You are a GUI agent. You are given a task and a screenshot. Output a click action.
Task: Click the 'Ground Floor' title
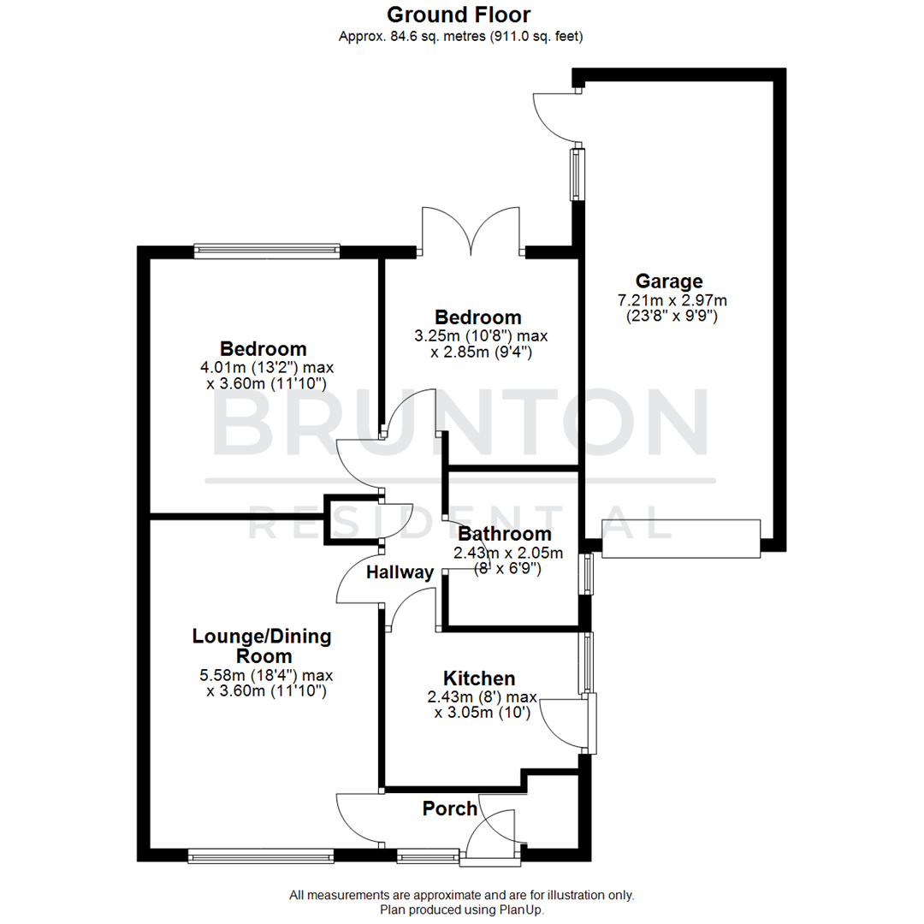click(x=459, y=15)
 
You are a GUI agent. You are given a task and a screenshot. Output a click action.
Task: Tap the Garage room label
click(x=669, y=281)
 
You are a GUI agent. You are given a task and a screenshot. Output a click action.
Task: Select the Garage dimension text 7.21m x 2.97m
click(x=672, y=300)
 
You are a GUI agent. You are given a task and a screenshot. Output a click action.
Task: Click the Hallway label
click(x=400, y=572)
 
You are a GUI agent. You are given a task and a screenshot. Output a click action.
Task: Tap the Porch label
click(x=450, y=808)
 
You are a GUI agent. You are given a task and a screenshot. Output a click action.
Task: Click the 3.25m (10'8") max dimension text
click(x=478, y=335)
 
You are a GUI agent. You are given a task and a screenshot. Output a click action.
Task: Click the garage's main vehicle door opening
click(x=680, y=539)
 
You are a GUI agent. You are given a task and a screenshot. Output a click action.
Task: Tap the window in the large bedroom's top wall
click(x=267, y=251)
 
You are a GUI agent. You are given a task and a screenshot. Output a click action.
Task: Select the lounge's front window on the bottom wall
click(x=261, y=855)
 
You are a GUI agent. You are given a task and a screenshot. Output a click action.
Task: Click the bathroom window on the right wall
click(x=586, y=574)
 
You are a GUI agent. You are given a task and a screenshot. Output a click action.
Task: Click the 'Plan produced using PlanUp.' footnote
click(x=462, y=910)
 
